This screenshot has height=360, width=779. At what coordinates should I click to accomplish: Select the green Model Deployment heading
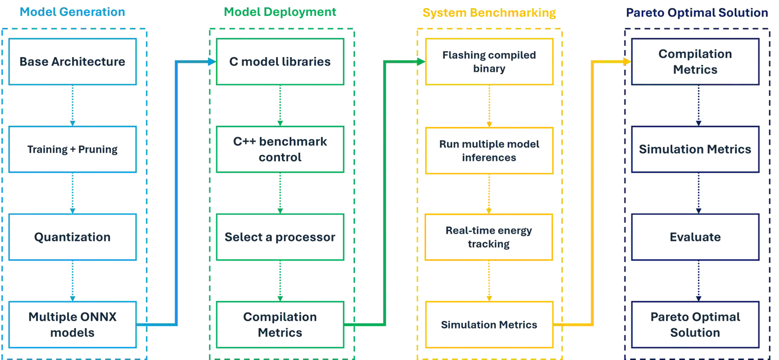(x=280, y=13)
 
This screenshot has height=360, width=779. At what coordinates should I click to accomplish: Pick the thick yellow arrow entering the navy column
(x=592, y=194)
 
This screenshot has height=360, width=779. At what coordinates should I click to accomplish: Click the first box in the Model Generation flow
(x=73, y=62)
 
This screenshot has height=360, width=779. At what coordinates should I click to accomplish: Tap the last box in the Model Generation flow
(x=73, y=325)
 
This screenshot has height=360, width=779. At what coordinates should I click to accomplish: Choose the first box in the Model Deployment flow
(x=280, y=62)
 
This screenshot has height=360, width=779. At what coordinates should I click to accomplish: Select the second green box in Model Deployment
(x=280, y=150)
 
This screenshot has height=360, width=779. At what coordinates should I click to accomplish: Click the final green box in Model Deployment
(x=280, y=325)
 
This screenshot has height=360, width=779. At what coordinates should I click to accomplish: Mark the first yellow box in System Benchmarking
(x=489, y=62)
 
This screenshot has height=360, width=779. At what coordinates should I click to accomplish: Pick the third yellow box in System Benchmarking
(x=489, y=237)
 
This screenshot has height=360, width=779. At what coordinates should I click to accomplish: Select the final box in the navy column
(x=697, y=325)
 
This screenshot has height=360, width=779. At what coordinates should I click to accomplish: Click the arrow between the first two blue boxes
(x=73, y=106)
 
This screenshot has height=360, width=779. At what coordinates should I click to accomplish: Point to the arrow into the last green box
(x=280, y=281)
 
